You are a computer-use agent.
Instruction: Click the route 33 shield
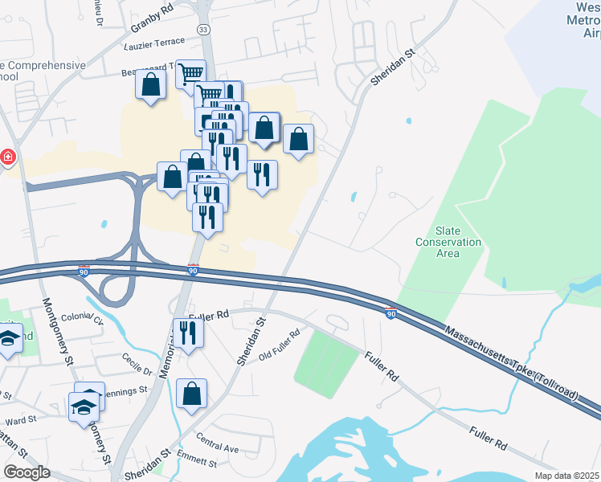pos(203,29)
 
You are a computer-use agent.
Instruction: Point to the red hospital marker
pos(8,157)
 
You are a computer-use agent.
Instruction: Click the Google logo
pos(27,472)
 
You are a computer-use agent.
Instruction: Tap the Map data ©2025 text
pos(567,476)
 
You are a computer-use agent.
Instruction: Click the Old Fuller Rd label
pos(280,345)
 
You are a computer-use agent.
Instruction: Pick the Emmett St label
pos(197,462)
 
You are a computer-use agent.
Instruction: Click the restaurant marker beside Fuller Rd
pos(189,331)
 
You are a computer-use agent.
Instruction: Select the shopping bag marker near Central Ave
pos(191,394)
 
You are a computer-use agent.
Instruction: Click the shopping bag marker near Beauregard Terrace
pos(150,84)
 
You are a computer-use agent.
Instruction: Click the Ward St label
pos(21,420)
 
